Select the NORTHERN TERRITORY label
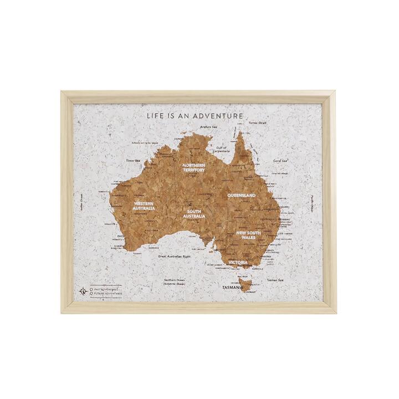[x=194, y=167]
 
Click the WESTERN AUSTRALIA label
[x=144, y=206]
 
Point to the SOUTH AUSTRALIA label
[x=194, y=213]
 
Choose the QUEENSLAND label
[x=241, y=196]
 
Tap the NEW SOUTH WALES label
[x=248, y=236]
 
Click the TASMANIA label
[x=232, y=288]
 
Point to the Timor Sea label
[x=134, y=160]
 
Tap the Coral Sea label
[x=280, y=161]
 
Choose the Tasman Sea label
[x=275, y=280]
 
